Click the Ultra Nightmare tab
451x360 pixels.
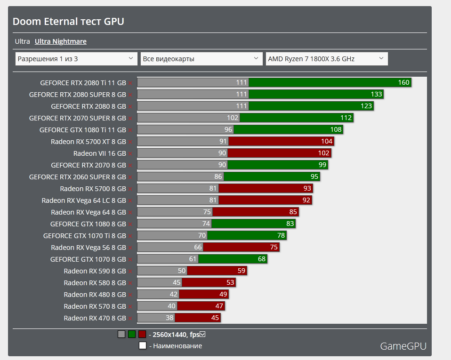61,41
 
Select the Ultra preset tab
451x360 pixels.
23,41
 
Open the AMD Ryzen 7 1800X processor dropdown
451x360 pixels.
327,59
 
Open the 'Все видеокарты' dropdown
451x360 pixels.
201,59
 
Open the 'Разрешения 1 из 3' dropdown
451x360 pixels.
76,59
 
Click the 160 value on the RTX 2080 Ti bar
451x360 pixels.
403,82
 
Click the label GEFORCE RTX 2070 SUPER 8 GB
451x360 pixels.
78,118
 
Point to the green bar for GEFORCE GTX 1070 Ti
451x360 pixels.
247,235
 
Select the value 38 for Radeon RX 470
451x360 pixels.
169,318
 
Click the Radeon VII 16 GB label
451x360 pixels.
100,153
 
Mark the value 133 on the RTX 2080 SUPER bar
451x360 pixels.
376,94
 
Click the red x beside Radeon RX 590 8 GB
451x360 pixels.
130,271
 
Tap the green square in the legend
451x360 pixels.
132,335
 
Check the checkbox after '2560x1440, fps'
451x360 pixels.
203,335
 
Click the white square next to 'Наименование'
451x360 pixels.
143,346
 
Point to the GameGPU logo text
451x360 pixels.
403,346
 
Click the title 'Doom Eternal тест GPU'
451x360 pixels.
68,22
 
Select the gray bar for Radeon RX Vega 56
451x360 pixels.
169,247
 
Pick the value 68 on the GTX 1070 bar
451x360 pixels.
262,259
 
